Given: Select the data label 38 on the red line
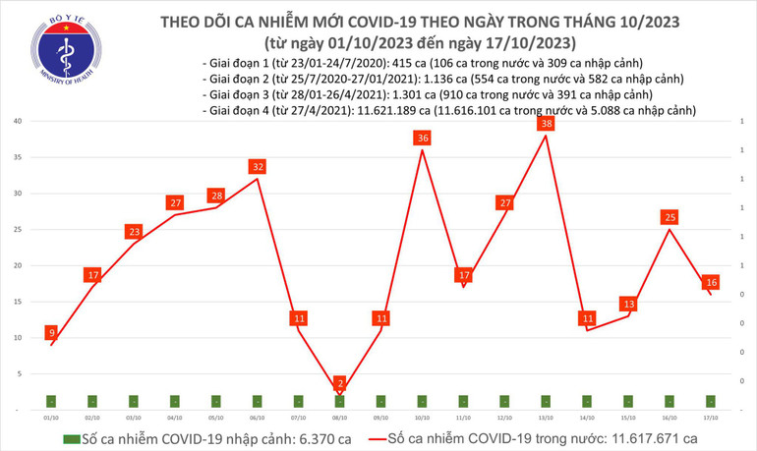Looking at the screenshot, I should (547, 124).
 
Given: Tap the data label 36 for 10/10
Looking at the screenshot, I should (423, 139).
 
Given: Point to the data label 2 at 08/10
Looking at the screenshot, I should (340, 382).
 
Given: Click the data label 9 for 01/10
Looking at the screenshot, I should (51, 332).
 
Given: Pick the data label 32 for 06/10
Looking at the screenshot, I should (258, 167).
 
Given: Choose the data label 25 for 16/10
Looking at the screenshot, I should (670, 217).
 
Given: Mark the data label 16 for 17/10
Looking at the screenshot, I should (711, 283).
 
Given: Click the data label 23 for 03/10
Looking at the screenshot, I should (134, 232).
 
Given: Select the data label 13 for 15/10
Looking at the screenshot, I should (628, 304).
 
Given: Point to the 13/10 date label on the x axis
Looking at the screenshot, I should (546, 417).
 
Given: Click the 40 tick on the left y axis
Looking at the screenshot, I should (19, 121).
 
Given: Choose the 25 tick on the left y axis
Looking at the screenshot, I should (19, 229).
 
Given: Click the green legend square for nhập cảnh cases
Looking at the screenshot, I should (71, 439).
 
